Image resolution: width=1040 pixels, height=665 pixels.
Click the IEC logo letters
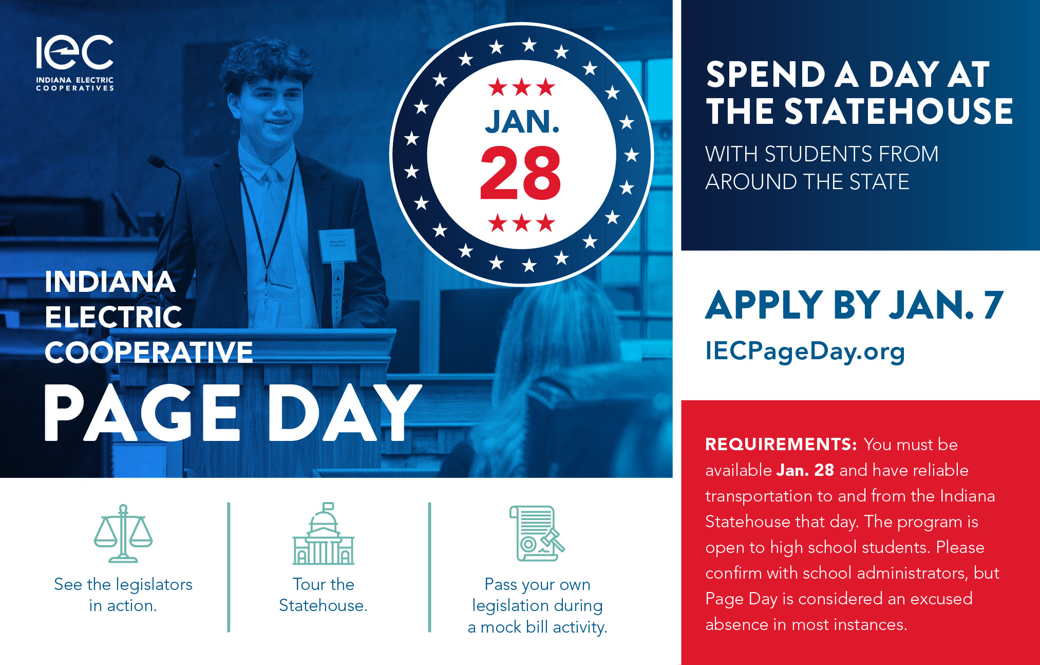(x=75, y=52)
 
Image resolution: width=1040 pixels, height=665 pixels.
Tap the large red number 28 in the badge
(x=520, y=173)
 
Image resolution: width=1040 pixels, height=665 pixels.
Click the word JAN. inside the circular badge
(x=522, y=122)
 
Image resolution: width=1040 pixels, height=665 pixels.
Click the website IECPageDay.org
(x=805, y=352)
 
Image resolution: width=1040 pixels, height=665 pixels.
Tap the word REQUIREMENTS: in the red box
(x=781, y=444)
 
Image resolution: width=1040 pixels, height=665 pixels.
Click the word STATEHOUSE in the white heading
(x=899, y=111)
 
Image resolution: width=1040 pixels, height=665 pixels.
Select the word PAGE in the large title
(x=142, y=413)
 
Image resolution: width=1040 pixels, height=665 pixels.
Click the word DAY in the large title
(x=345, y=413)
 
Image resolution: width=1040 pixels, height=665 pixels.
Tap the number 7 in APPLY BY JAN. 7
(x=993, y=305)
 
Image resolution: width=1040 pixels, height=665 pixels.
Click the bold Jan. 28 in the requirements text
(x=805, y=470)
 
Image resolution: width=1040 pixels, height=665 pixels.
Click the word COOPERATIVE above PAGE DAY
(x=149, y=353)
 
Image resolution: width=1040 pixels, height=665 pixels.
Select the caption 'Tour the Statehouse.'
(x=324, y=595)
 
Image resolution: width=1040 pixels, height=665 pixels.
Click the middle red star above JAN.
(x=522, y=87)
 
